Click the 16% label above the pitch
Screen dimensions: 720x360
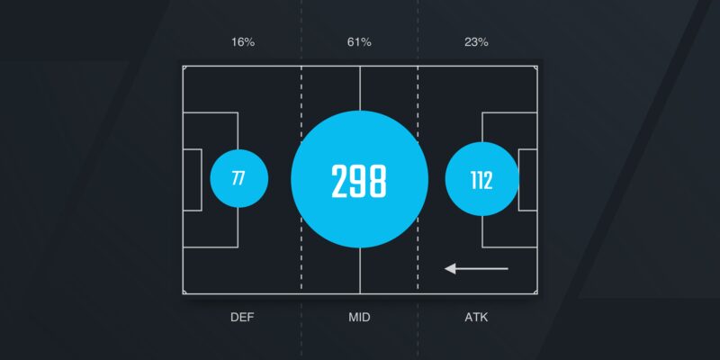[x=243, y=42]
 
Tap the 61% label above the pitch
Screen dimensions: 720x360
[x=359, y=42]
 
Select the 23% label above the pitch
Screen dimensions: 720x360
[x=476, y=42]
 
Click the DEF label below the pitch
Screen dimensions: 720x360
[x=242, y=318]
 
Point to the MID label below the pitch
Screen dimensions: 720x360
[x=359, y=318]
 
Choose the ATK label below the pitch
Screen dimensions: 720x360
[x=476, y=318]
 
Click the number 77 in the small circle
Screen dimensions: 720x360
[x=238, y=178]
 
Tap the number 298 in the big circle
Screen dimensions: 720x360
[x=359, y=181]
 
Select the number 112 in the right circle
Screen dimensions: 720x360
[x=481, y=181]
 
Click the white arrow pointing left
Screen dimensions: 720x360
[x=477, y=268]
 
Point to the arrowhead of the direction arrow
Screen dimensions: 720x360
[x=450, y=268]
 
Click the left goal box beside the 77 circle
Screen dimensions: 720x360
[x=193, y=180]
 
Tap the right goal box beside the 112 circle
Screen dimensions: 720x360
[x=527, y=180]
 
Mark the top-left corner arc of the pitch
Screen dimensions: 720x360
[x=184, y=68]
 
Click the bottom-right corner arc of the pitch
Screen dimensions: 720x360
[x=535, y=292]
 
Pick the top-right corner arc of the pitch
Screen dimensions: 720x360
[x=535, y=68]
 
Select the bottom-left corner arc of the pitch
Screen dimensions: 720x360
[x=184, y=292]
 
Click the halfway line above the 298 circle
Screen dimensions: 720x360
[x=359, y=88]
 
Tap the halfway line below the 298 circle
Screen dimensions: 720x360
[x=359, y=271]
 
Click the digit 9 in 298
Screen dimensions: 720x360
[x=359, y=181]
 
